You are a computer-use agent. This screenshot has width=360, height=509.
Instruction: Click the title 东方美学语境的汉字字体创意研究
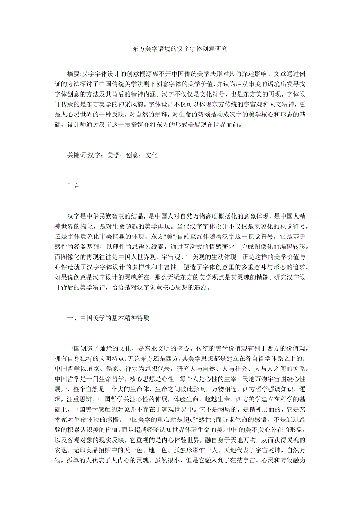[180, 49]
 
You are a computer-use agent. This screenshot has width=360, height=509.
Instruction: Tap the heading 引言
[73, 186]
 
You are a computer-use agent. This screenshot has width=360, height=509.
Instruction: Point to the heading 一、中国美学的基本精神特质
[108, 318]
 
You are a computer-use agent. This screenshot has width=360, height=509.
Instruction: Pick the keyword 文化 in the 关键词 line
[151, 155]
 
